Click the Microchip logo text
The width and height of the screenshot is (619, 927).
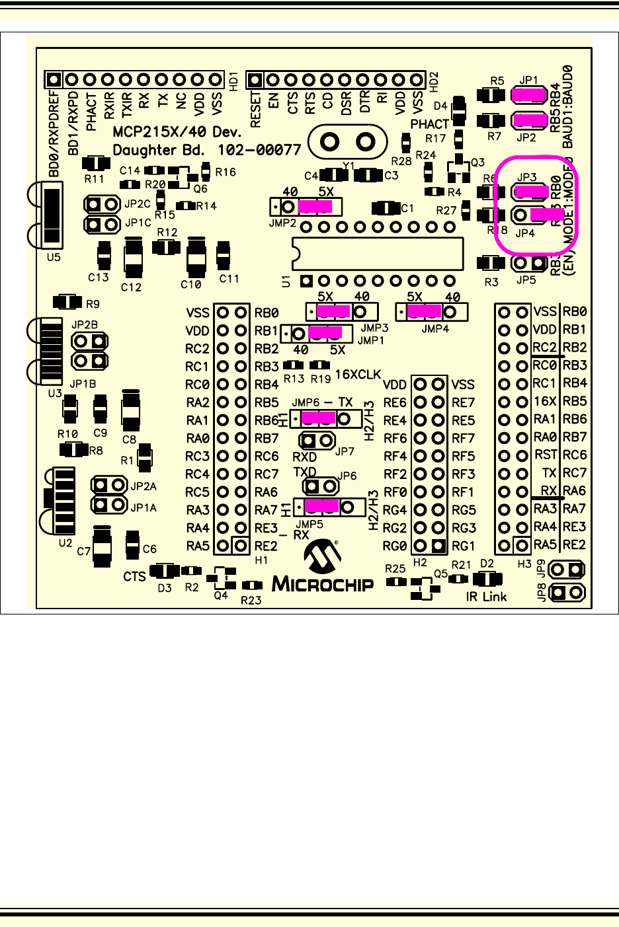tap(323, 584)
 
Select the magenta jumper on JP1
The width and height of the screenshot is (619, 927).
tap(528, 95)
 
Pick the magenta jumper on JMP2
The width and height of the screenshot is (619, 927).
tap(315, 207)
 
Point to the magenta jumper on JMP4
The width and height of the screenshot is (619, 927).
tap(424, 311)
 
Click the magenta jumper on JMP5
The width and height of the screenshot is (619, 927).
tap(322, 507)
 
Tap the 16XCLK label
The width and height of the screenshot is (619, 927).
tap(358, 375)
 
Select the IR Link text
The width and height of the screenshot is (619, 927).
tap(486, 597)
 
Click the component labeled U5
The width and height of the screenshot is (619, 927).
tap(52, 214)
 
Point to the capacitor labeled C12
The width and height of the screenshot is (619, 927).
tap(134, 259)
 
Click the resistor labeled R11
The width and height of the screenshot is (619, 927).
tap(95, 163)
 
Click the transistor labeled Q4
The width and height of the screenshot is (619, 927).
tap(224, 578)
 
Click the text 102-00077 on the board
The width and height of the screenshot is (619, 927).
tap(259, 150)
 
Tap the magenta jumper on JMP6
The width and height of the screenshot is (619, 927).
tap(319, 418)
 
